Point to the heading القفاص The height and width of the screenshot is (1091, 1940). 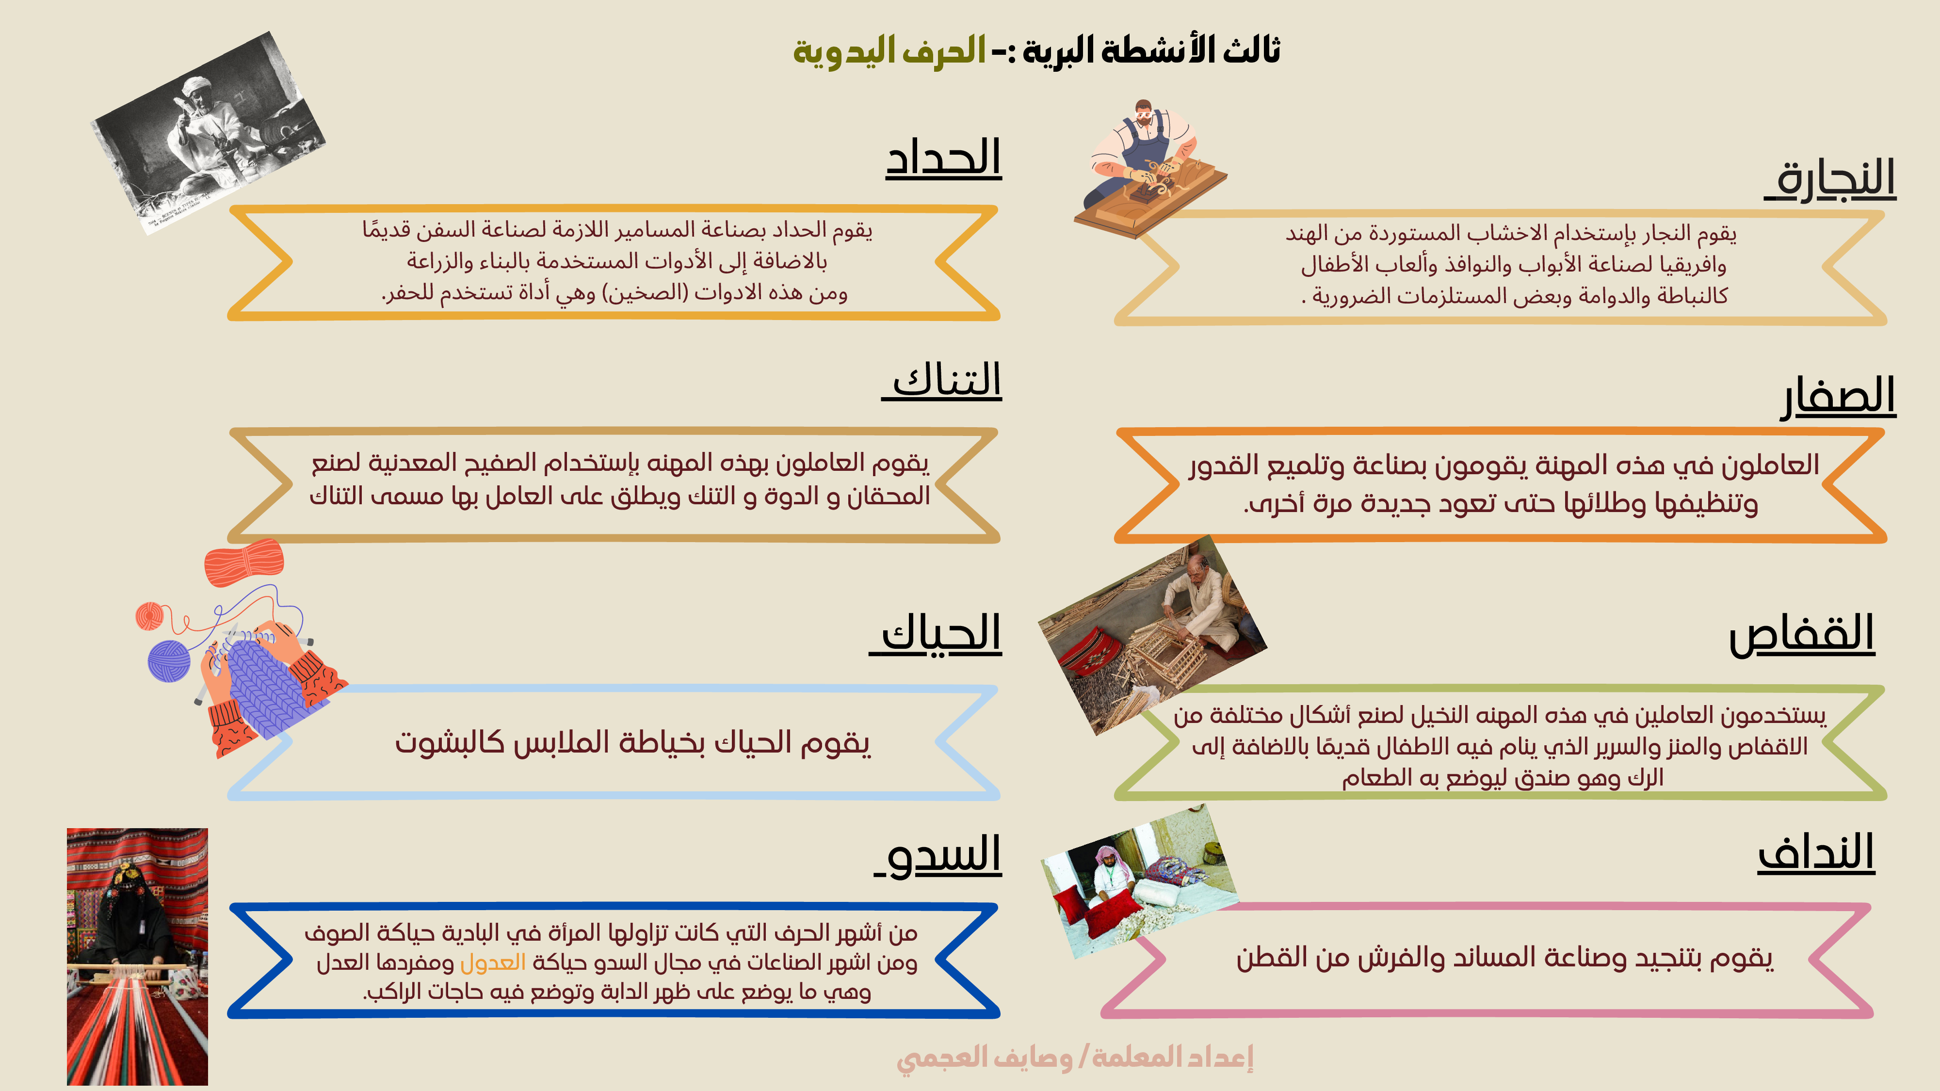click(1801, 635)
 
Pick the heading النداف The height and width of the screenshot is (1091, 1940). click(1816, 853)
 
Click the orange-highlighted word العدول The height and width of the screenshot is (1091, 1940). click(493, 962)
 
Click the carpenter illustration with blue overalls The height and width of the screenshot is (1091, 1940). click(1150, 169)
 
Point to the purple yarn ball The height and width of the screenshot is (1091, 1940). click(169, 660)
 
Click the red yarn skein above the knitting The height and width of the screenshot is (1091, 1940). click(244, 563)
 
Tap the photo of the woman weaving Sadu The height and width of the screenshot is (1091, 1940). click(137, 956)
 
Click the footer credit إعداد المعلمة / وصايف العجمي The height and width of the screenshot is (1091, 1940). click(1075, 1057)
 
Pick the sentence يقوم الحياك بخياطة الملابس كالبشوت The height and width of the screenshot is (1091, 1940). click(632, 742)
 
